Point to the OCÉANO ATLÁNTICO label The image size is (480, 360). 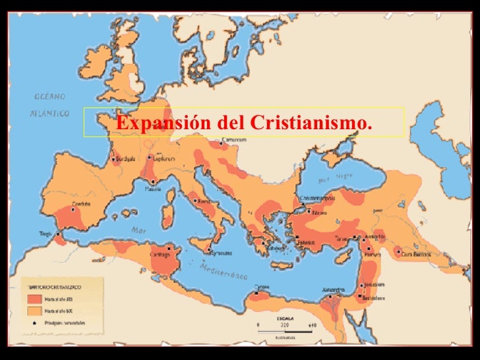tap(49, 105)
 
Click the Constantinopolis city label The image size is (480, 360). tap(318, 198)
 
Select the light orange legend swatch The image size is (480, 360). tap(34, 310)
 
